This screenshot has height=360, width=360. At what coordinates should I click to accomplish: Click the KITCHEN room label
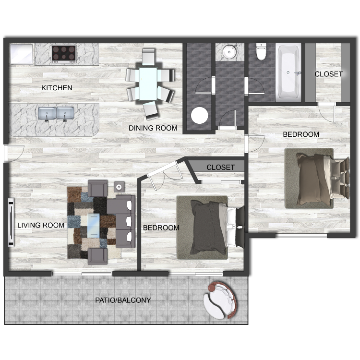57,88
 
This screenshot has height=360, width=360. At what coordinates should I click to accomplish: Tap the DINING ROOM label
153,128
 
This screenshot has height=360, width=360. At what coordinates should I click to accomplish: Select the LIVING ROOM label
41,225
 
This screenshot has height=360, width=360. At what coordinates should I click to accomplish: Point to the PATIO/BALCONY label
123,300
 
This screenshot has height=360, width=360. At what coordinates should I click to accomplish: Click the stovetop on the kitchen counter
64,54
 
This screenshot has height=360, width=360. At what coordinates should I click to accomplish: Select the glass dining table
148,84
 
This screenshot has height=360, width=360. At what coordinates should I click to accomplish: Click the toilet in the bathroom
261,51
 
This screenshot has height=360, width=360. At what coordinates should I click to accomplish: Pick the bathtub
289,72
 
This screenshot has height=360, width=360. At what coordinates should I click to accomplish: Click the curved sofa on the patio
220,300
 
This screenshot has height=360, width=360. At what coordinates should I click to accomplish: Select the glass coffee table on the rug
94,225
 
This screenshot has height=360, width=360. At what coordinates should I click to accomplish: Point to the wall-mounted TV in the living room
11,222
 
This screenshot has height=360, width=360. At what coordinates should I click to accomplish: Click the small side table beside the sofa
119,187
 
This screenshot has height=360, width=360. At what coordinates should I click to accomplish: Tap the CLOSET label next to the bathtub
328,74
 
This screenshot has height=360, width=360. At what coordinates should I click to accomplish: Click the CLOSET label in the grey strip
220,167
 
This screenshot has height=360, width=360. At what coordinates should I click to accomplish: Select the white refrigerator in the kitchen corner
22,54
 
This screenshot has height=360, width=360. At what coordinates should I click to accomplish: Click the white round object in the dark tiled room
200,115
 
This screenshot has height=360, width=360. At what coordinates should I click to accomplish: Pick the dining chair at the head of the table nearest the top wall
148,57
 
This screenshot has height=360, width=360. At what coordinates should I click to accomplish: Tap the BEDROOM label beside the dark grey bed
161,228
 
